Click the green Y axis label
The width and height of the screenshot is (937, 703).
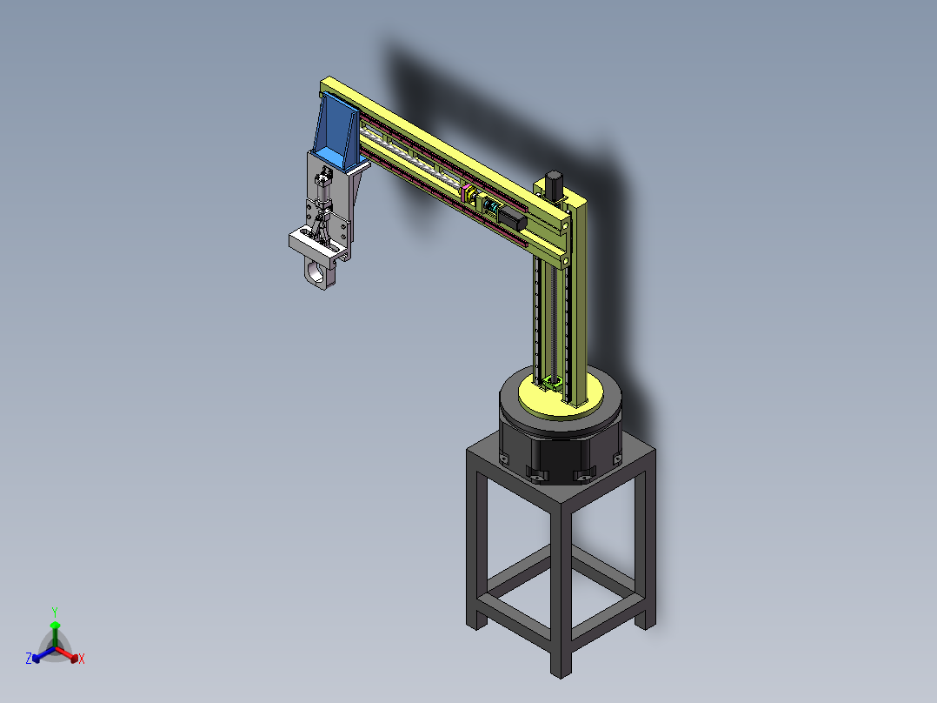[x=54, y=612]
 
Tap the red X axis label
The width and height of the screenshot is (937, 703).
[x=81, y=659]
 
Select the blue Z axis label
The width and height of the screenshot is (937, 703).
[x=29, y=659]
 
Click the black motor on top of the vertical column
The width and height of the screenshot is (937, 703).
[x=552, y=184]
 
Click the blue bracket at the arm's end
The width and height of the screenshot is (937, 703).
[x=334, y=136]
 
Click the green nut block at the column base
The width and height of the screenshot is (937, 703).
[x=551, y=383]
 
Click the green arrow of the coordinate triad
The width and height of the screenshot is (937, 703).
[x=54, y=631]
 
